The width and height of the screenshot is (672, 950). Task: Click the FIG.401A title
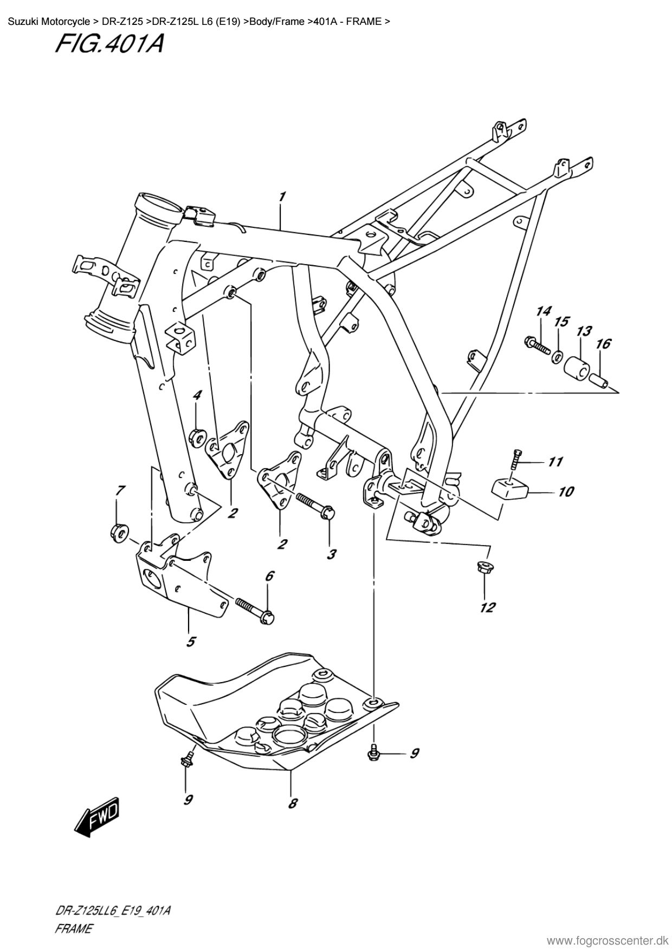click(x=109, y=43)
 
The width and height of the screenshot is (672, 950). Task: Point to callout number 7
click(x=120, y=490)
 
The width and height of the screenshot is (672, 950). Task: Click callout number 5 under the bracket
click(x=191, y=642)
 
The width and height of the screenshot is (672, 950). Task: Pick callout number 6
click(x=270, y=576)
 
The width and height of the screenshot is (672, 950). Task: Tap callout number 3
click(x=331, y=554)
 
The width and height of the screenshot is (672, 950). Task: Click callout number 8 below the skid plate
click(x=293, y=804)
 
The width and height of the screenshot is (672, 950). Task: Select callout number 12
click(x=487, y=607)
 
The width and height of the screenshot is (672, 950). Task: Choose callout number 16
click(x=603, y=343)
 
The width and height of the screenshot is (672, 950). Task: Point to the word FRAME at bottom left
click(x=74, y=929)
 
